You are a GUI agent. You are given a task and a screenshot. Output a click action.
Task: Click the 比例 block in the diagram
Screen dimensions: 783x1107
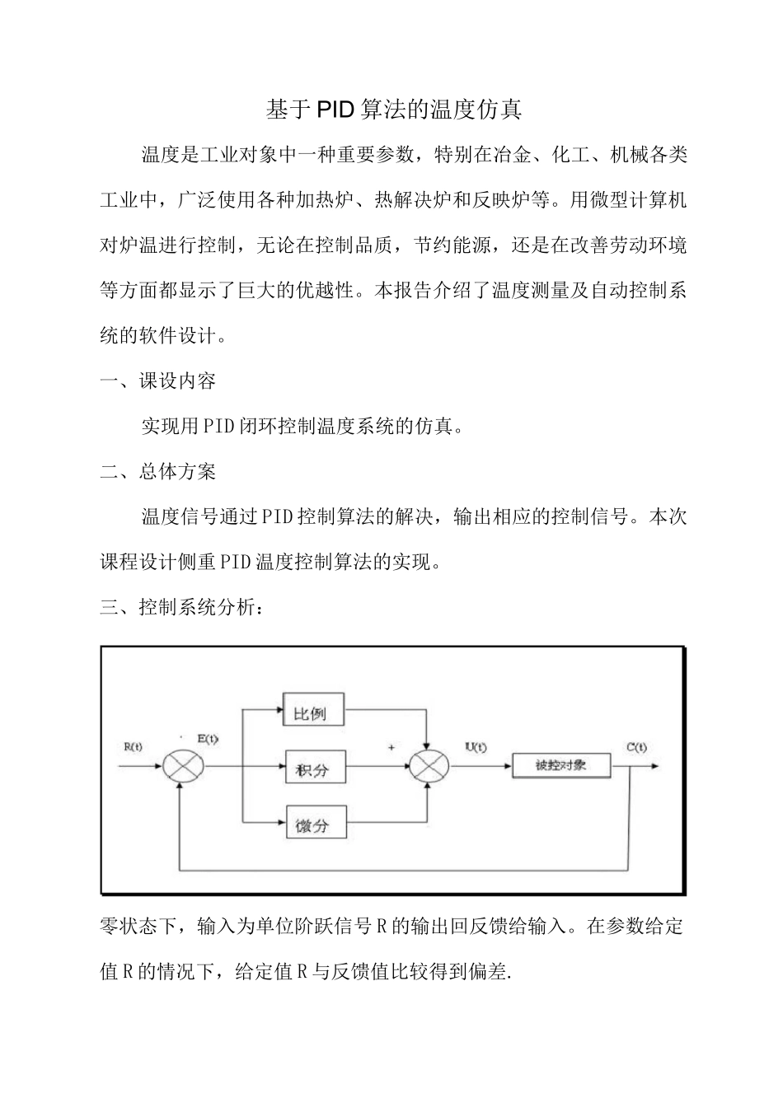coord(313,711)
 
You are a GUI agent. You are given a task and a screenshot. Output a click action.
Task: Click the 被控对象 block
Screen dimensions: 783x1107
coord(560,765)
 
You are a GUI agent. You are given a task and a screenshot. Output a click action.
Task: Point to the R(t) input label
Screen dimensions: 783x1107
coord(133,747)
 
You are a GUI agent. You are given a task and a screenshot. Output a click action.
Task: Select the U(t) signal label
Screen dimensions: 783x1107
coord(476,747)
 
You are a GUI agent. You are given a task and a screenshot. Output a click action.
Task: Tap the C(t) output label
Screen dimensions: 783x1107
coord(635,747)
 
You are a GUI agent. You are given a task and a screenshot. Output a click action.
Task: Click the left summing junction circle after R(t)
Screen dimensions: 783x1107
coord(181,766)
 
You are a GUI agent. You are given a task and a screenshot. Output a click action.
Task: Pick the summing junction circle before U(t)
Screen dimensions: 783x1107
coord(429,766)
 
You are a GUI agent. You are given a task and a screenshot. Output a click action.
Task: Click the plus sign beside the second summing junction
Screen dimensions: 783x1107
coord(391,747)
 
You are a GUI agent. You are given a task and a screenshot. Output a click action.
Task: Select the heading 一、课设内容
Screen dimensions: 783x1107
coord(158,381)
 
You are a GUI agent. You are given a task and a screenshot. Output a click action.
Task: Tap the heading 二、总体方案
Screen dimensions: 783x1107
coord(158,472)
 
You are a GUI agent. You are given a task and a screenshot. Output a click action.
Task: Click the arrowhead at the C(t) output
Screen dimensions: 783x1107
coord(654,766)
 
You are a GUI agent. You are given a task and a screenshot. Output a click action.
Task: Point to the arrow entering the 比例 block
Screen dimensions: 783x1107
coord(278,708)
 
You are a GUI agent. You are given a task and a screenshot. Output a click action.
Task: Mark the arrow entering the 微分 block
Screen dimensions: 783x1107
coord(278,821)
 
